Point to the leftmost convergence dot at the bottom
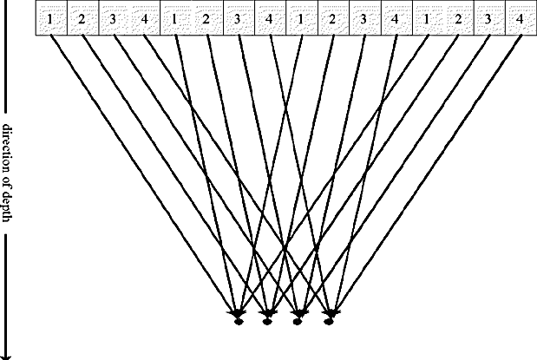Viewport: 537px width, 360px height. (236, 322)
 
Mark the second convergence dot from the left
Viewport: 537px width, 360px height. (267, 322)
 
